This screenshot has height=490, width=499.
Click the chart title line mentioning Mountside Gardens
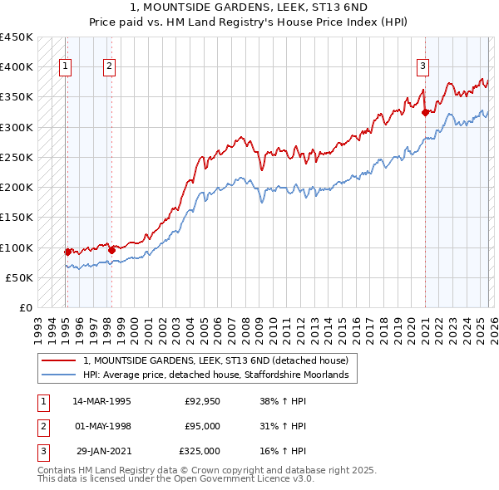click(x=249, y=7)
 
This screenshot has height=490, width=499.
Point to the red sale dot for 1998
click(x=111, y=249)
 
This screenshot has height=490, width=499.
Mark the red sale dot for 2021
click(x=425, y=112)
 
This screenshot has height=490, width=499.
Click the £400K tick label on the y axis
click(x=16, y=67)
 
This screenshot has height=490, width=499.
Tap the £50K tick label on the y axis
click(x=19, y=278)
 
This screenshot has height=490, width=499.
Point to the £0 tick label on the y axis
click(x=25, y=308)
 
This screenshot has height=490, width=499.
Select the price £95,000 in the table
click(x=202, y=426)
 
